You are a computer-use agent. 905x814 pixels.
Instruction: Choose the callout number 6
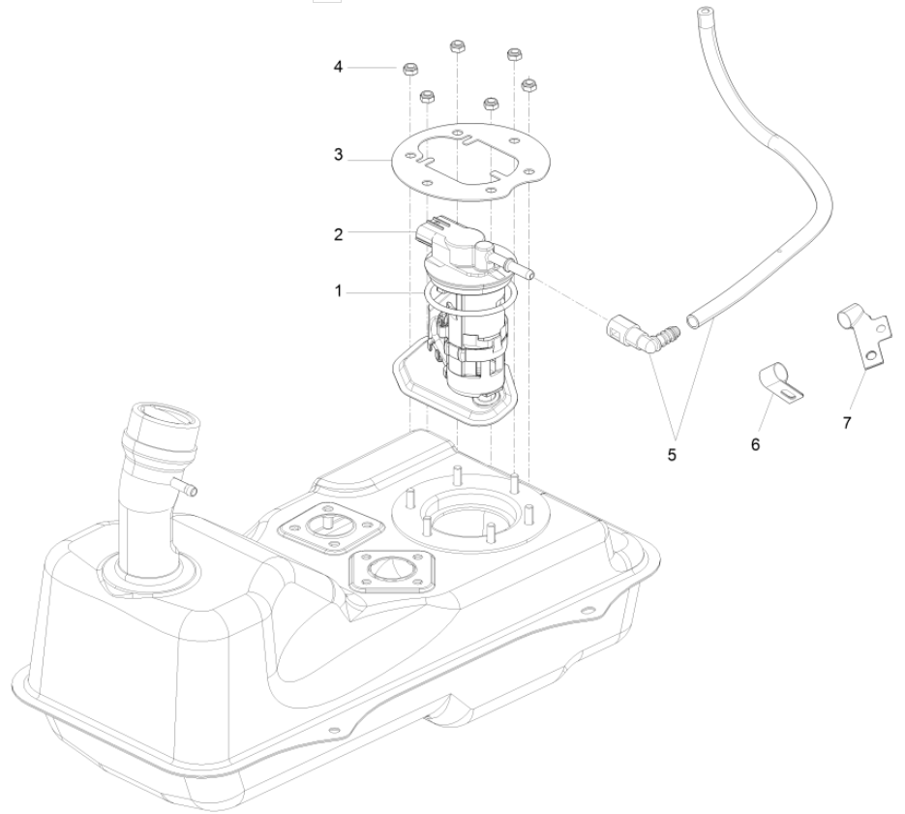[x=756, y=443]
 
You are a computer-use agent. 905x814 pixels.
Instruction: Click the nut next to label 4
[x=409, y=70]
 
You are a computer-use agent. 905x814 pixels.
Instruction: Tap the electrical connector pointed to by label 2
[x=432, y=233]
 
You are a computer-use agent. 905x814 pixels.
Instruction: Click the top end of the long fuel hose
[x=704, y=16]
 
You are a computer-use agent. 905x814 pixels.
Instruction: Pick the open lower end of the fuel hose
[x=695, y=317]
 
